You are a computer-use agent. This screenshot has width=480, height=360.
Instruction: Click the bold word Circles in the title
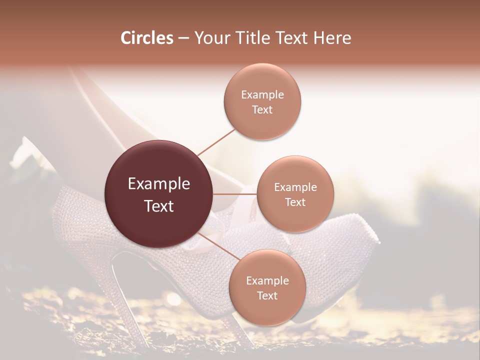click(146, 38)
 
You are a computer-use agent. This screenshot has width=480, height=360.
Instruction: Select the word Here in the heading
click(332, 38)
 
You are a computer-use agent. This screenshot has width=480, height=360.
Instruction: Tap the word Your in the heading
click(212, 38)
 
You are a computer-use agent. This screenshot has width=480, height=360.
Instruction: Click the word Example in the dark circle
click(159, 184)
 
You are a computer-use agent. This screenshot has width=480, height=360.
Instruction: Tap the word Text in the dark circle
click(159, 206)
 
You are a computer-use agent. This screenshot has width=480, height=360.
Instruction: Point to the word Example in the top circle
click(262, 95)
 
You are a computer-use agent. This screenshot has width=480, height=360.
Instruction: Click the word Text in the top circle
click(262, 110)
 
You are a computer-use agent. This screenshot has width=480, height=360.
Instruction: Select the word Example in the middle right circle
click(295, 187)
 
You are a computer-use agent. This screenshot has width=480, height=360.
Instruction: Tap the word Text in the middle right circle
click(295, 202)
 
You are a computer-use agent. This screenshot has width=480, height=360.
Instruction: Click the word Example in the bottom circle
click(267, 281)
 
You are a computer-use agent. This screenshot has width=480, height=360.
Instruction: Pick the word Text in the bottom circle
click(267, 296)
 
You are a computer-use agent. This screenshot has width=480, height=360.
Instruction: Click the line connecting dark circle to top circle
click(216, 141)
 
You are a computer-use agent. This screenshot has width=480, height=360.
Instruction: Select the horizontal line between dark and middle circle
click(235, 194)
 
